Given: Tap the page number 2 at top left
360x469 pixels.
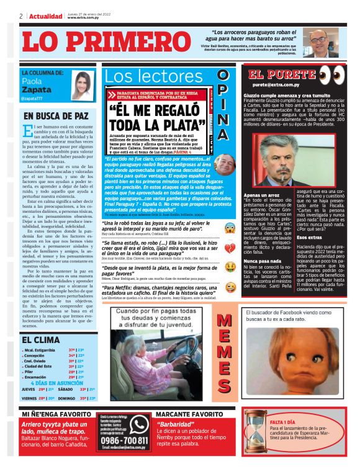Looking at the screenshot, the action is tap(20, 16).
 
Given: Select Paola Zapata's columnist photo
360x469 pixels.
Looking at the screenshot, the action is tap(81, 86).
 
